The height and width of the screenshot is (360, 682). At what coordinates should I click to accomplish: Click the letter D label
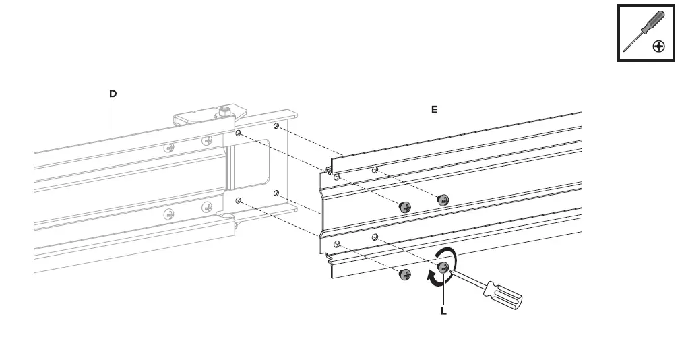pos(113,94)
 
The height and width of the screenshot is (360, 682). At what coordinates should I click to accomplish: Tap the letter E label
pos(435,109)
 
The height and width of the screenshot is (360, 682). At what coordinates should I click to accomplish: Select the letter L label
pos(443,312)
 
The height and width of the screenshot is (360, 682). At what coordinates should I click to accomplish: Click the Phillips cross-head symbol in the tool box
pos(659,46)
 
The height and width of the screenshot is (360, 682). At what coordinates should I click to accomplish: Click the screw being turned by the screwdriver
pos(443,268)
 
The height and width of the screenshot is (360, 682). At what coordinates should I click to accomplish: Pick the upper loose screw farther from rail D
pos(443,200)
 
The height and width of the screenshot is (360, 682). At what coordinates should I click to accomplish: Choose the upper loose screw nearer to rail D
pos(406,206)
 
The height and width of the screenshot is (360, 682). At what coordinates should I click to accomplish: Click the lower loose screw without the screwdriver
pos(406,274)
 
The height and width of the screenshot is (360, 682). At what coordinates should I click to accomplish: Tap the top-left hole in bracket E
pos(337,177)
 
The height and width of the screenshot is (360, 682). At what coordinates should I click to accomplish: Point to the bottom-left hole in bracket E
pos(337,244)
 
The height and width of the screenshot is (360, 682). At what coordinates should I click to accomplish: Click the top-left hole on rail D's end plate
pos(238,133)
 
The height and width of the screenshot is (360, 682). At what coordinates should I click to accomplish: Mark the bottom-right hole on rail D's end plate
pos(276,193)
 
